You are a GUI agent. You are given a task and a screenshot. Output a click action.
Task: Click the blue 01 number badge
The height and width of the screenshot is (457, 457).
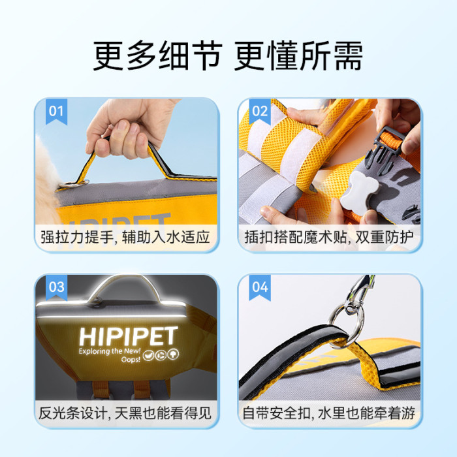[x=56, y=112]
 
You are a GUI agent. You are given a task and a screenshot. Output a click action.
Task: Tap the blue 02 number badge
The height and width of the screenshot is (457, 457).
[x=260, y=112]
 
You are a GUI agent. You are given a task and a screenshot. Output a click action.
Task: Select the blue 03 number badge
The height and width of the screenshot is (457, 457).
[x=56, y=288]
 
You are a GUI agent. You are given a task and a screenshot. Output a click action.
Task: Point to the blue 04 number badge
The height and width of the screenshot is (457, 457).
[x=260, y=288]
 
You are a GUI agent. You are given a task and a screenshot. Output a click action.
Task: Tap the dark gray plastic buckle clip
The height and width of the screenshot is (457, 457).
[x=384, y=150]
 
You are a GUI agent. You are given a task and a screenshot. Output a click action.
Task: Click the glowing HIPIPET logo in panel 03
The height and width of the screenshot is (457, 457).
[x=129, y=336]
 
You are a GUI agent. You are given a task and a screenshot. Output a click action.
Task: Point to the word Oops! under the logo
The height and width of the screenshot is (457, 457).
[x=131, y=360]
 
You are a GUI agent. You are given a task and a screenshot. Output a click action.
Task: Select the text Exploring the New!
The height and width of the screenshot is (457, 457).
[x=110, y=351]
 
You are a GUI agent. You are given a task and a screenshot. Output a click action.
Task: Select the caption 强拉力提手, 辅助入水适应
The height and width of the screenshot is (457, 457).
[x=125, y=236]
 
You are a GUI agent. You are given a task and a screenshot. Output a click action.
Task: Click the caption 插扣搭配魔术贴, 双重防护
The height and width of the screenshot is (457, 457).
[x=329, y=236]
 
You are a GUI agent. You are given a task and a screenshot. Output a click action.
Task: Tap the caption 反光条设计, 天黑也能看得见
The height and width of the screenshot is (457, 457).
[x=125, y=413]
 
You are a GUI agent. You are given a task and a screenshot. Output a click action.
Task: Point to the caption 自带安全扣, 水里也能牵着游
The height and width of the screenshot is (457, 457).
[x=329, y=413]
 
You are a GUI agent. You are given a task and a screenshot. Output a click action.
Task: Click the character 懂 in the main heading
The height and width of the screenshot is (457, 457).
[x=282, y=55]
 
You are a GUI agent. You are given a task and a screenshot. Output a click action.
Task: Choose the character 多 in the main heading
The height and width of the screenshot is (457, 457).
[x=141, y=55]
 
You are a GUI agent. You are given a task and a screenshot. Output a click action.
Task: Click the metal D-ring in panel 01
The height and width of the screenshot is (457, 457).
[x=73, y=184]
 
